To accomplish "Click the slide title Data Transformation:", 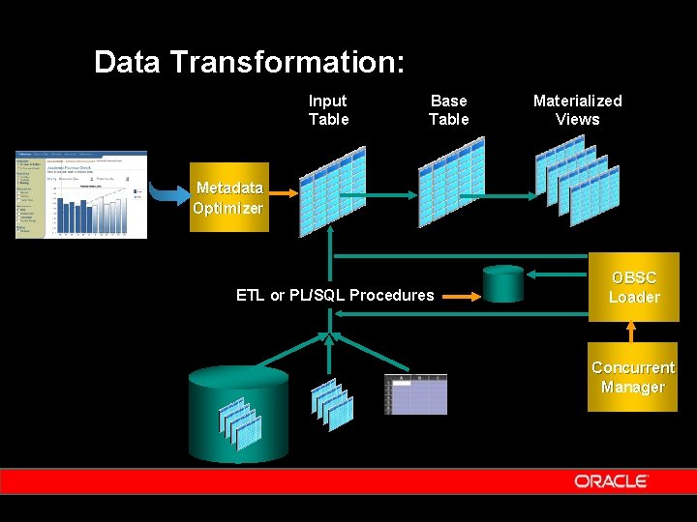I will pyautogui.click(x=249, y=63).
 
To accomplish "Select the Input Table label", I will pyautogui.click(x=328, y=110).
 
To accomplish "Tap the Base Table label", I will pyautogui.click(x=448, y=110).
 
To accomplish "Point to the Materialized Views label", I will pyautogui.click(x=577, y=110).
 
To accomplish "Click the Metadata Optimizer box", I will pyautogui.click(x=227, y=198).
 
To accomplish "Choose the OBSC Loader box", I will pyautogui.click(x=634, y=287).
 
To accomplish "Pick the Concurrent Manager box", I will pyautogui.click(x=633, y=377).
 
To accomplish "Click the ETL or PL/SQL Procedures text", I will pyautogui.click(x=335, y=296).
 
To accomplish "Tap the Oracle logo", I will pyautogui.click(x=610, y=481).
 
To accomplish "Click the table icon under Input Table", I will pyautogui.click(x=332, y=190).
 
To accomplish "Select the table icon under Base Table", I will pyautogui.click(x=451, y=181).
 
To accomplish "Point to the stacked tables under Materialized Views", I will pyautogui.click(x=577, y=179).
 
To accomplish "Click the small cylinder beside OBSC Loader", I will pyautogui.click(x=503, y=284).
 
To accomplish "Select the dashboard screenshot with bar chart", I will pyautogui.click(x=81, y=194).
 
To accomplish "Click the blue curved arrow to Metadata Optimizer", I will pyautogui.click(x=168, y=196).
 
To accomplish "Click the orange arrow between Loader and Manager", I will pyautogui.click(x=633, y=332).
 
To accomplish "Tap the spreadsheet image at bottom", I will pyautogui.click(x=415, y=394).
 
